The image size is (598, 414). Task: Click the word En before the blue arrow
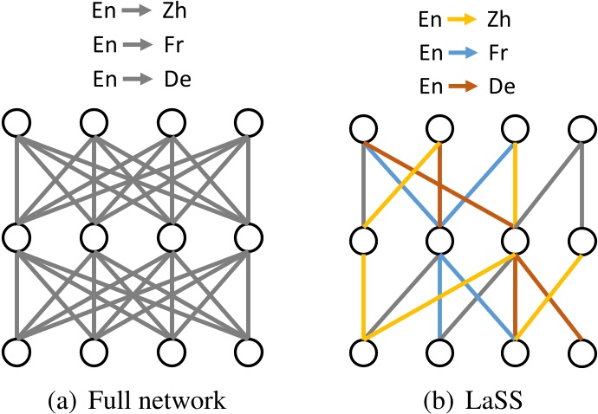coord(428,52)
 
